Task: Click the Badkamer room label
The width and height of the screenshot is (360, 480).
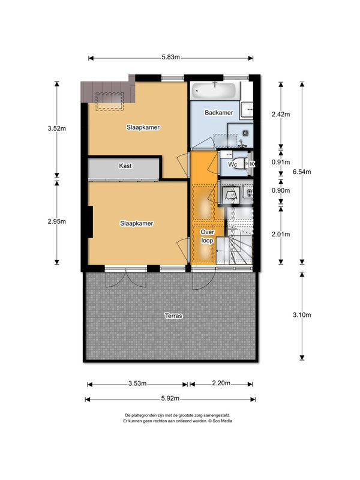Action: pyautogui.click(x=218, y=113)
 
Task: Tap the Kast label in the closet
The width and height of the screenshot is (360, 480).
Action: pyautogui.click(x=125, y=166)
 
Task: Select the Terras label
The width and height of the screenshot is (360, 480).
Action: pyautogui.click(x=173, y=316)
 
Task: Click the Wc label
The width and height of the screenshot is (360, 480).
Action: pyautogui.click(x=233, y=164)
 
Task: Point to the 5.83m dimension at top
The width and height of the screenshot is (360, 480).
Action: pyautogui.click(x=171, y=57)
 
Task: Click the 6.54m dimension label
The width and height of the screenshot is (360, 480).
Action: pyautogui.click(x=302, y=172)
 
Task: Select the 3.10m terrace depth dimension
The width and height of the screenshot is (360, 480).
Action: pyautogui.click(x=302, y=314)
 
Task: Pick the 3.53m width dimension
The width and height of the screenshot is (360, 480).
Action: pyautogui.click(x=137, y=383)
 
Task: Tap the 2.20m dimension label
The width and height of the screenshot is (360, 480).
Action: pyautogui.click(x=221, y=383)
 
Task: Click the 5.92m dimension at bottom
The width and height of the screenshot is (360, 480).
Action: pyautogui.click(x=170, y=398)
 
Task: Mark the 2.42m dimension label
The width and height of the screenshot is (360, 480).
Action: pyautogui.click(x=281, y=115)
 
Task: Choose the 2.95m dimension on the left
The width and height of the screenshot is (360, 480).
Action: pyautogui.click(x=56, y=221)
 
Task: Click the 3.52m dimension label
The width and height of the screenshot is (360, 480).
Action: pyautogui.click(x=56, y=128)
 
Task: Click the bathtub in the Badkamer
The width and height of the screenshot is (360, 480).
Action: pyautogui.click(x=214, y=91)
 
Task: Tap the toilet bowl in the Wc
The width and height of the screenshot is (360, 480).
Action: pyautogui.click(x=242, y=164)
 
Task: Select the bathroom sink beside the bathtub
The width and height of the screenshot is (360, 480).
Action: pyautogui.click(x=247, y=109)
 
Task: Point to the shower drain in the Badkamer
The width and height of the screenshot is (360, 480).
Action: pyautogui.click(x=245, y=133)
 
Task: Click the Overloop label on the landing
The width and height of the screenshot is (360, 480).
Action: pyautogui.click(x=207, y=236)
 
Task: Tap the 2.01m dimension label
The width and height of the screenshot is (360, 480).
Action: pyautogui.click(x=281, y=235)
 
